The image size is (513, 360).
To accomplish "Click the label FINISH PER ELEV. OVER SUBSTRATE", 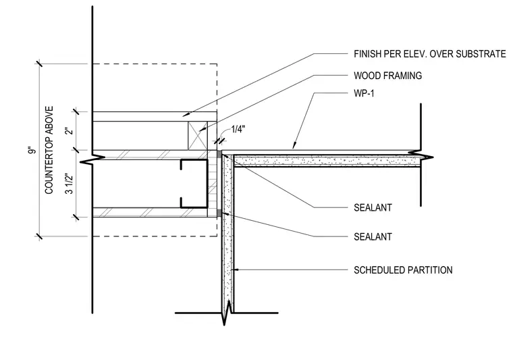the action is [429, 53].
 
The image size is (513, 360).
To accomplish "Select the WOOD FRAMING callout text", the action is [387, 76].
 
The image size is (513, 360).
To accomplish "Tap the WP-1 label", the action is [364, 93].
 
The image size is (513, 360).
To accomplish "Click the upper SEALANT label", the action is [373, 207].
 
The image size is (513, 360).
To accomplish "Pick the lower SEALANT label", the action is [373, 236].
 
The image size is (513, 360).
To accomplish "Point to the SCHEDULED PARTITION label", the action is [403, 270].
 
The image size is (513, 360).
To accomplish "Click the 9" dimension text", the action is [32, 151].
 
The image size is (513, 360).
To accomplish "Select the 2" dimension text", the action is [69, 130].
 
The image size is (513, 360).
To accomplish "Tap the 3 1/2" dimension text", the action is [69, 183].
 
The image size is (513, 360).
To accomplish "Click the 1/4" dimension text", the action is [238, 129].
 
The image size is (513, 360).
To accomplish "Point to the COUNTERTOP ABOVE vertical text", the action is [49, 150].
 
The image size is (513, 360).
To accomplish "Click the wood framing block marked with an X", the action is [198, 136].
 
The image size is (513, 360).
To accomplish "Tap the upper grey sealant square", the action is [219, 155].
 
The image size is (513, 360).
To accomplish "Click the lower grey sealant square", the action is [219, 213].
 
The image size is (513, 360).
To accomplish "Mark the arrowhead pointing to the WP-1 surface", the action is [294, 146].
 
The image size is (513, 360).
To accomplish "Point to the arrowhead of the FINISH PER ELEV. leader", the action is [186, 115].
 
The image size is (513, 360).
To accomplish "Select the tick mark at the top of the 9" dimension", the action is [39, 63].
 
